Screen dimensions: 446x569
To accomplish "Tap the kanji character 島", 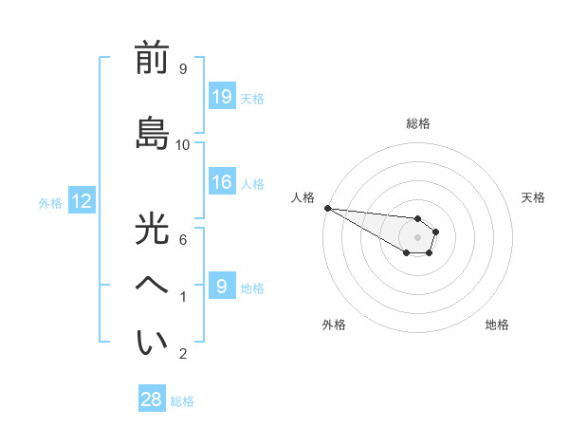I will click(x=152, y=133).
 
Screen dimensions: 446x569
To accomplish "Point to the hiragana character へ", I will click(x=152, y=286).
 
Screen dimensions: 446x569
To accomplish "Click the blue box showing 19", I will click(x=221, y=97).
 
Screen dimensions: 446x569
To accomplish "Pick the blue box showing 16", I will click(x=221, y=183).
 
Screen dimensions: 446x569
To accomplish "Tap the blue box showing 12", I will click(x=81, y=201).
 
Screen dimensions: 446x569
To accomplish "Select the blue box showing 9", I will click(x=221, y=287).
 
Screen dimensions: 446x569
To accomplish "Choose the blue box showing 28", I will click(x=152, y=400).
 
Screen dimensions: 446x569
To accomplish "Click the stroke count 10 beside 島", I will click(x=183, y=144).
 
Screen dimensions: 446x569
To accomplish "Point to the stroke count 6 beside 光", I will click(x=183, y=239).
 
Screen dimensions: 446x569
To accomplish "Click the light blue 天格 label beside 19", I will click(x=251, y=98).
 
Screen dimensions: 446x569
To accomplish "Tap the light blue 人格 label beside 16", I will click(x=251, y=184).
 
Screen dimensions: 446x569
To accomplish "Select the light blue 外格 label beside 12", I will click(x=50, y=202).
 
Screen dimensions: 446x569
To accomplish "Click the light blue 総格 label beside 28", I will click(x=182, y=400).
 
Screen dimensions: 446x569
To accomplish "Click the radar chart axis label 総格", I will click(x=417, y=123).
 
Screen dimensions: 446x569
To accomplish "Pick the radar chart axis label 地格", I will click(x=497, y=325).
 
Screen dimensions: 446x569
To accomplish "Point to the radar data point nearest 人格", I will click(x=327, y=208).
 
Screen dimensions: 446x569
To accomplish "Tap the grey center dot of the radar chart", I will click(x=417, y=237).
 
